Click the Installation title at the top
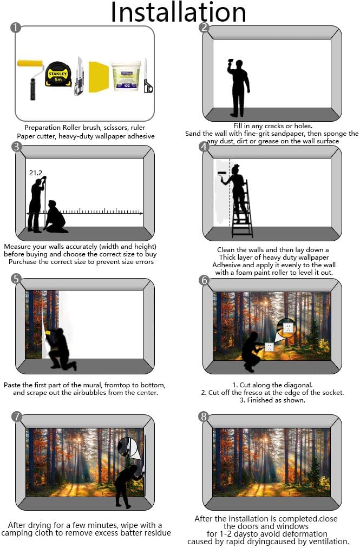tap(179, 12)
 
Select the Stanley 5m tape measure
tap(58, 75)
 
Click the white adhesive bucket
tap(126, 76)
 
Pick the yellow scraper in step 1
tap(99, 77)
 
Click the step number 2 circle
tap(204, 28)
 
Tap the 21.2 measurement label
tap(36, 173)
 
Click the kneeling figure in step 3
tap(55, 217)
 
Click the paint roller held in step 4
tap(222, 175)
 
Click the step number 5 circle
tap(16, 279)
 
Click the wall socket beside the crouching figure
tap(269, 347)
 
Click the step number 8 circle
tap(204, 417)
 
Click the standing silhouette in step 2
tap(239, 88)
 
